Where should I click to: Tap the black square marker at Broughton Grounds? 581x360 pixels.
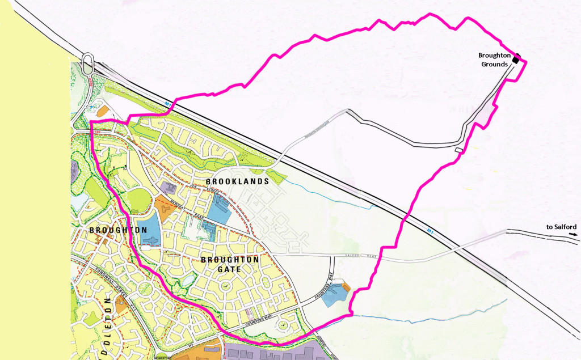click(x=516, y=59)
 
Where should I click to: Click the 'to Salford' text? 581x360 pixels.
click(x=562, y=227)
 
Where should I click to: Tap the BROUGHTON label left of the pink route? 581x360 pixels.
click(x=117, y=231)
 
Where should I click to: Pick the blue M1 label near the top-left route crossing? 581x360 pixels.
click(x=169, y=103)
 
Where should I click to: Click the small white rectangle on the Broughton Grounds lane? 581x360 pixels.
click(x=458, y=150)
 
